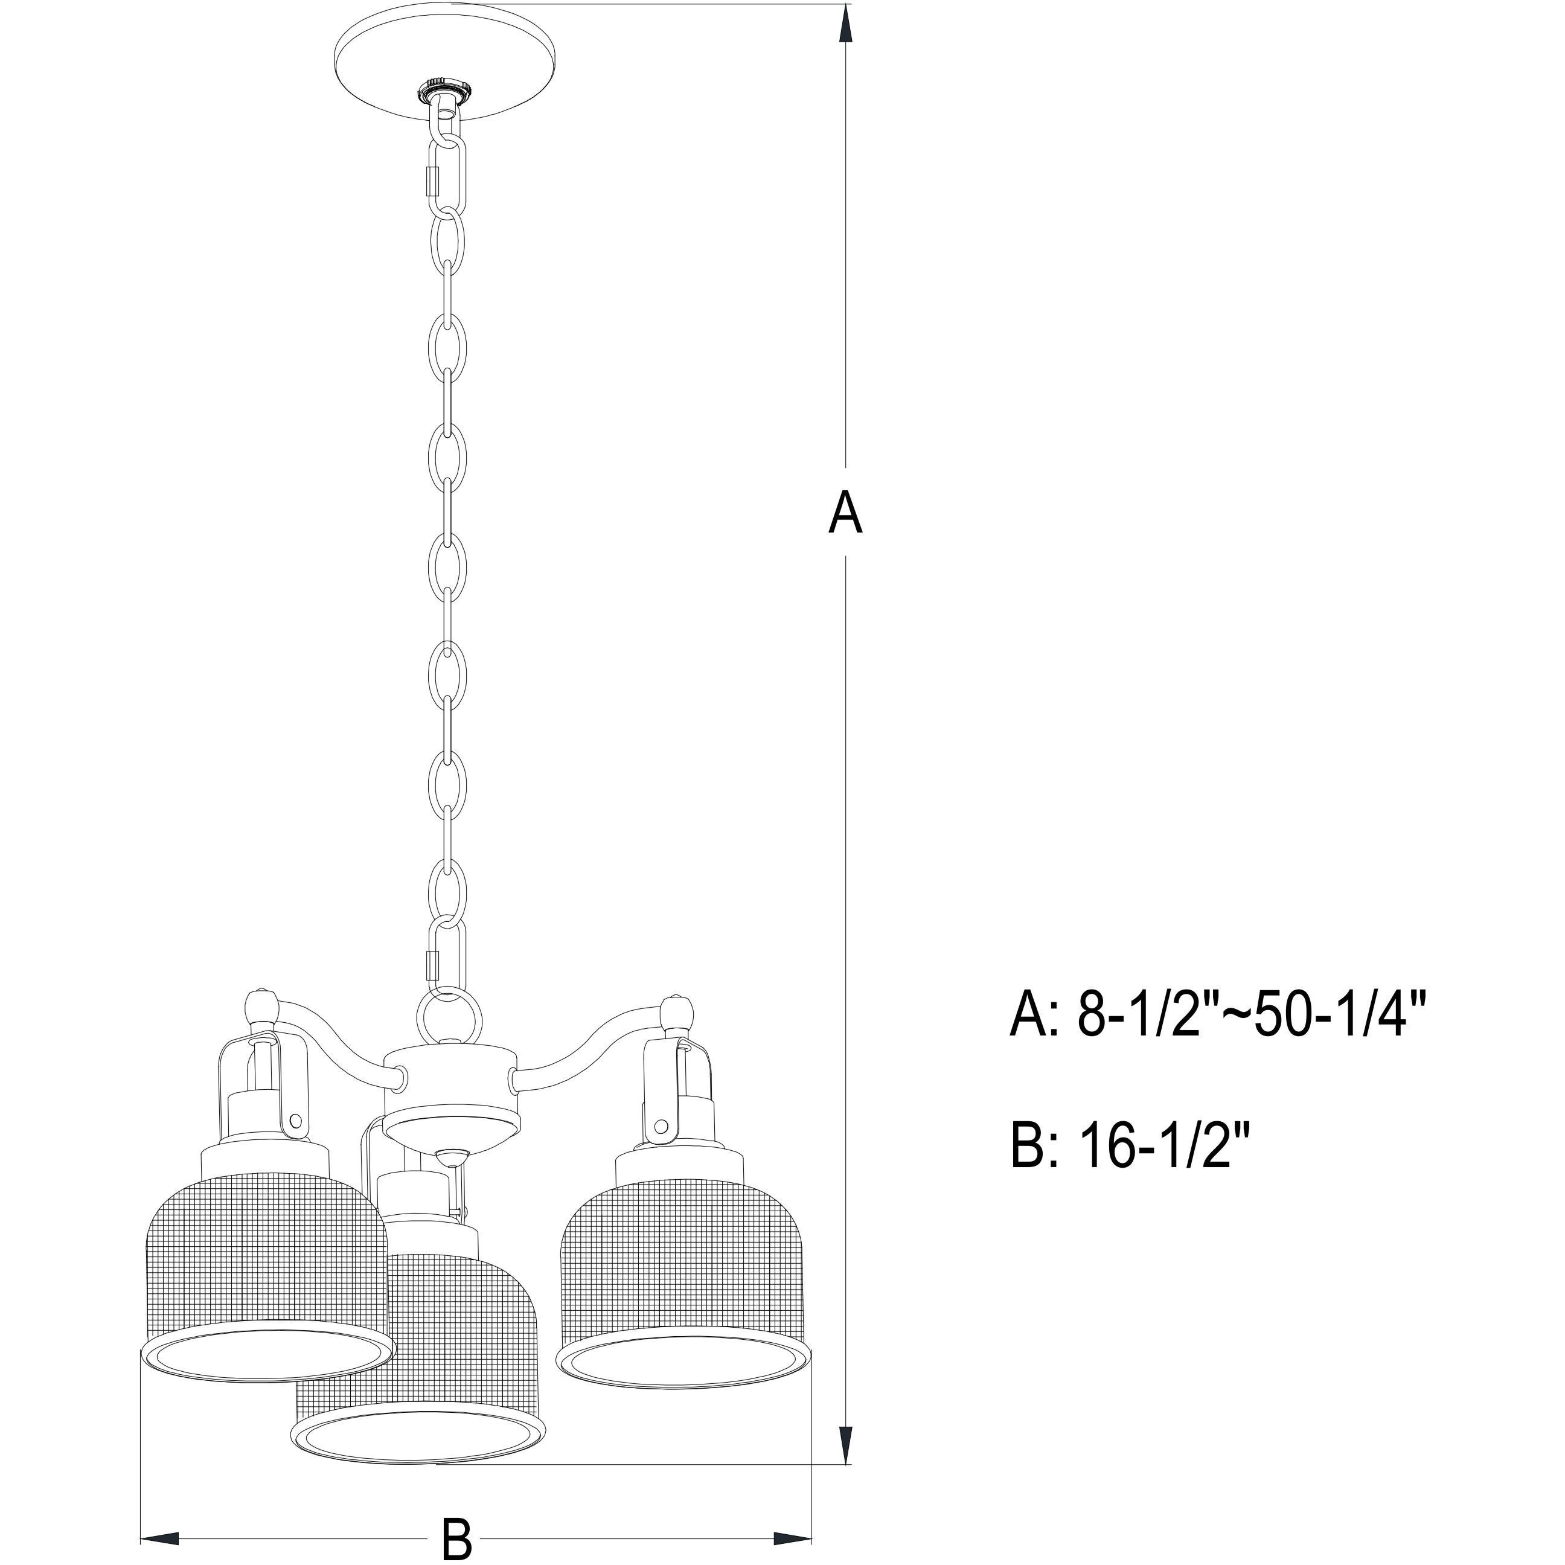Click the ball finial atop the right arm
(x=676, y=1013)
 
